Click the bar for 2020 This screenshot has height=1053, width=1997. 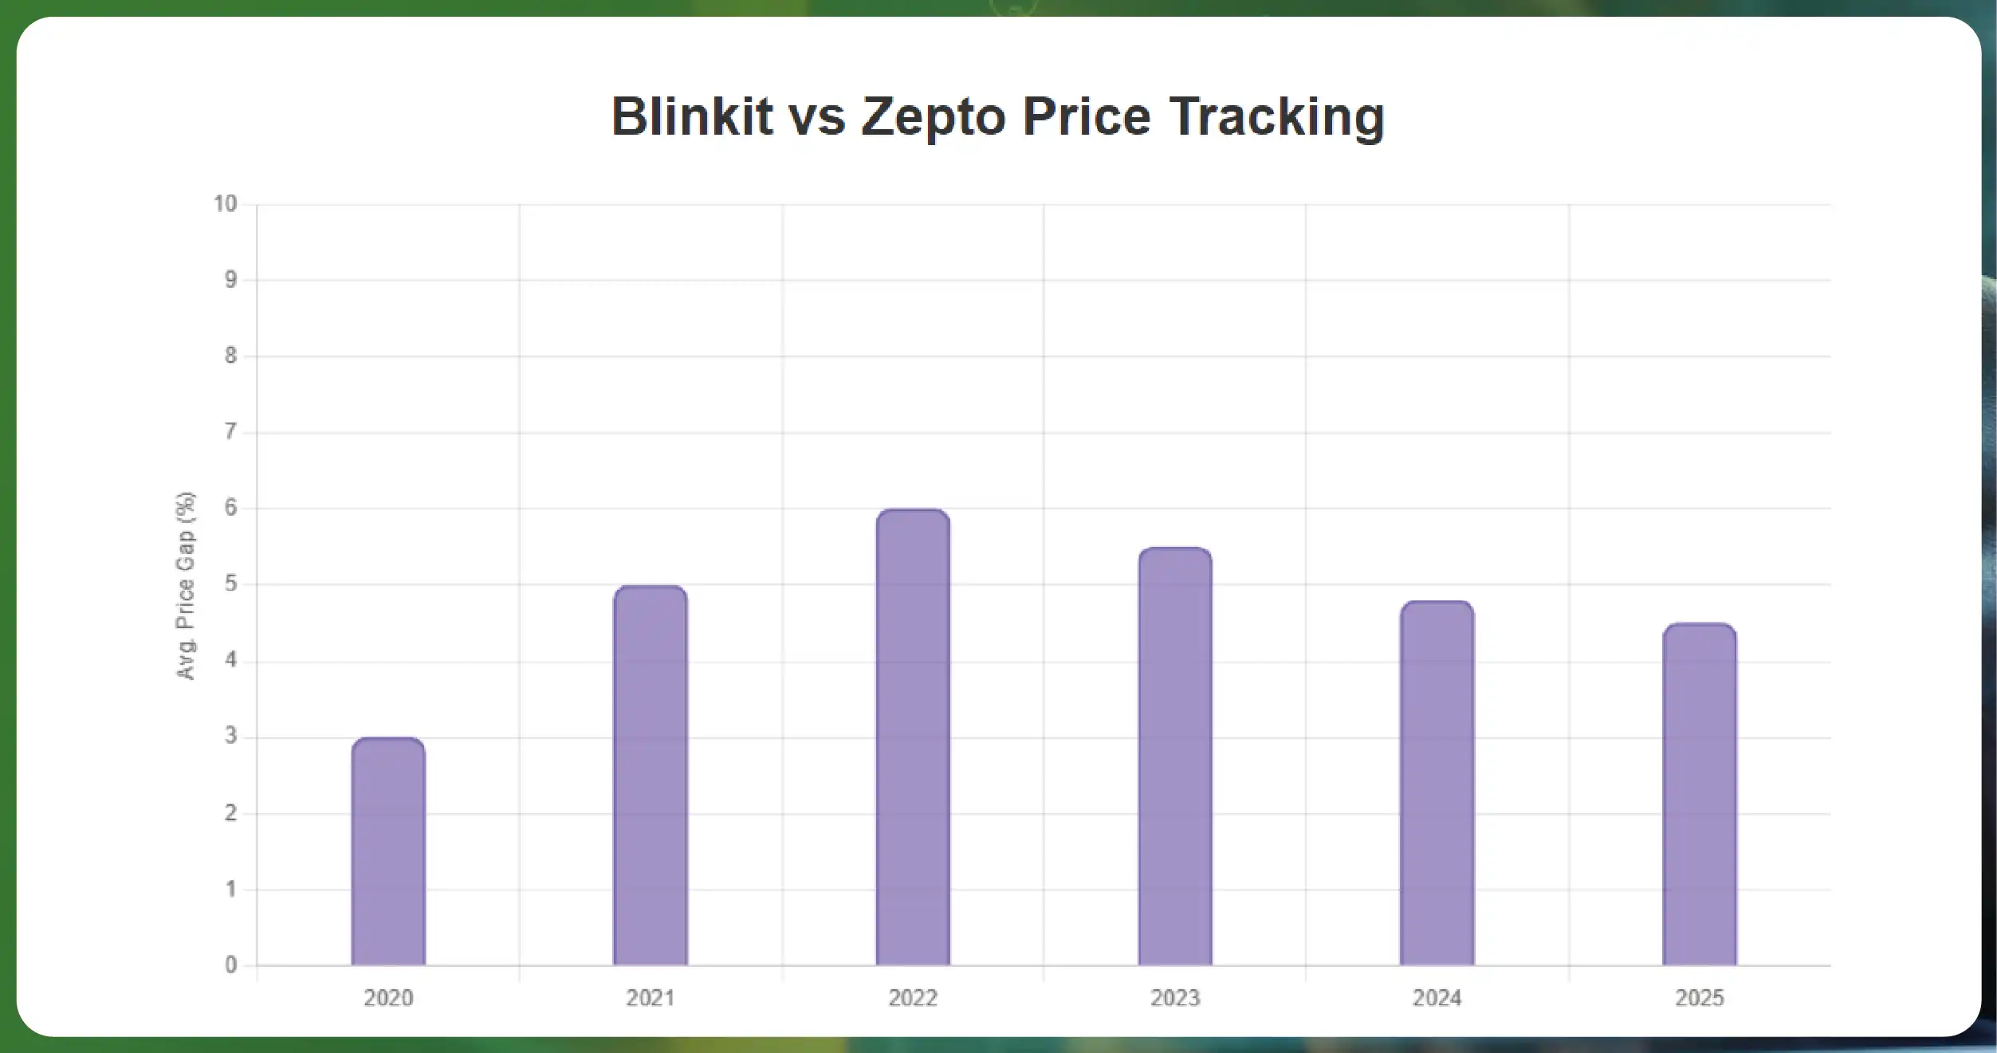point(388,851)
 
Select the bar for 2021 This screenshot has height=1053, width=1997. point(651,776)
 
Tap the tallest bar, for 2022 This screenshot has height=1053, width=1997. point(913,737)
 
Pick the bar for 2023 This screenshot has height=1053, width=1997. point(1175,756)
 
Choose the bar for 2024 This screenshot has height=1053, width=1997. point(1437,783)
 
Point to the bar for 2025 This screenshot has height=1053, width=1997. point(1700,795)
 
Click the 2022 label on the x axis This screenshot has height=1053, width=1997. point(913,998)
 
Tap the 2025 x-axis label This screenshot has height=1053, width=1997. point(1700,998)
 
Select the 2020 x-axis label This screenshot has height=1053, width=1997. point(388,998)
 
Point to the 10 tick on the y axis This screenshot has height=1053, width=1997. point(226,204)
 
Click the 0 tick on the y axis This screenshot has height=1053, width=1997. point(231,965)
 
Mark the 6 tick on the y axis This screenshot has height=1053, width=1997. point(231,508)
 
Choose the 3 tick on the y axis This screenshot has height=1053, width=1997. point(231,736)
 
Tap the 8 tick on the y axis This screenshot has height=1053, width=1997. point(231,356)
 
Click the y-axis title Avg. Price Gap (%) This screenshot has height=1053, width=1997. point(185,586)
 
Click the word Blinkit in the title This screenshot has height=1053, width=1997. point(692,116)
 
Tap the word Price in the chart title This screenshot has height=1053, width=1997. point(1087,116)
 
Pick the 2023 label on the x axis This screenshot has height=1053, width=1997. point(1175,998)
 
